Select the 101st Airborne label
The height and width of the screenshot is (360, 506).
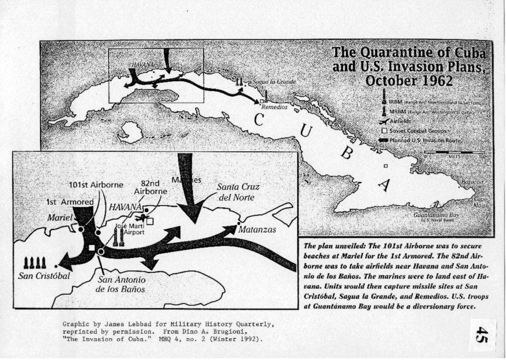pos(89,184)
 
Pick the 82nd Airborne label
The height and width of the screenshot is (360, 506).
pos(151,186)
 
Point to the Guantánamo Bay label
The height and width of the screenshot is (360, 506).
pos(436,215)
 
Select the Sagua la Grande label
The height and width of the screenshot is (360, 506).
pos(273,82)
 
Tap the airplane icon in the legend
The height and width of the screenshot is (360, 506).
pos(385,121)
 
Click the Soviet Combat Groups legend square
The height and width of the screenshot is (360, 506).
pos(385,131)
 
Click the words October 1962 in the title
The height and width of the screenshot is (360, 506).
pos(408,81)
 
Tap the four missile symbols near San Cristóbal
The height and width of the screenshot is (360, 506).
pos(35,262)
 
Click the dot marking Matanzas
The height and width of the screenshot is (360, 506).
pos(238,223)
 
